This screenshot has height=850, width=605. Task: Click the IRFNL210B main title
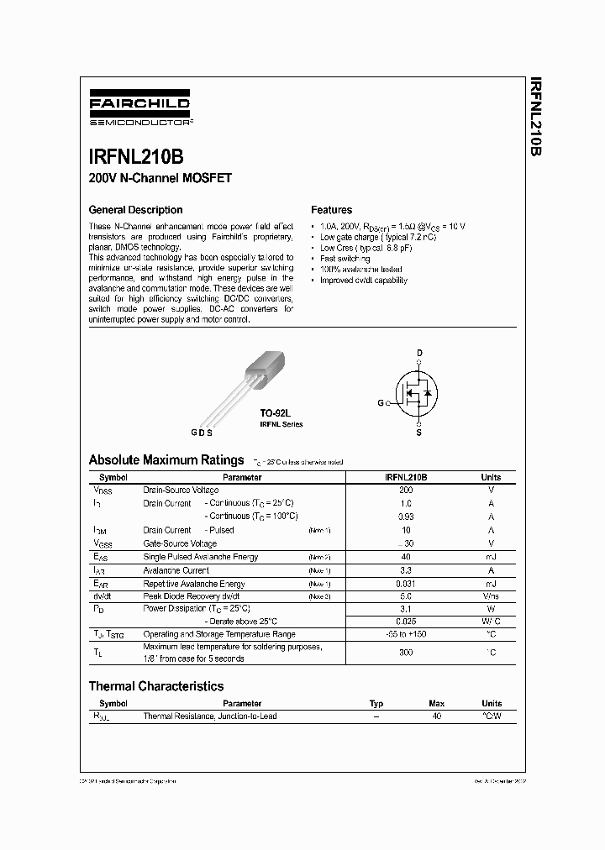click(x=136, y=157)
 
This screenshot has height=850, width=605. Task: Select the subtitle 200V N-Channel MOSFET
click(x=160, y=179)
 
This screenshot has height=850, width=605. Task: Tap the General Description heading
click(x=135, y=210)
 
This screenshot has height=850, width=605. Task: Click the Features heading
click(x=331, y=210)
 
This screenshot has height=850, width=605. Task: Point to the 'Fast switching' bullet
click(x=345, y=259)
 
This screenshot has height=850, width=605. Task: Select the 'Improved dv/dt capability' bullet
click(x=363, y=281)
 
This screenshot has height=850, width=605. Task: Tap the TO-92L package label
click(x=274, y=414)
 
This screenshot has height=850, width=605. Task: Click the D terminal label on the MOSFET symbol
click(x=420, y=352)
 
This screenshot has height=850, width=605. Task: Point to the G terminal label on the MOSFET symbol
click(x=380, y=403)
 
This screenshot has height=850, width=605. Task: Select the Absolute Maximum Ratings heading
click(x=166, y=460)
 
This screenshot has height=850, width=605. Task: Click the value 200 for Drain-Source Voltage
click(x=406, y=490)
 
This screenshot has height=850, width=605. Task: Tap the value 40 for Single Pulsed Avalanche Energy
click(x=406, y=557)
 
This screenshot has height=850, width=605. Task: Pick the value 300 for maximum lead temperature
click(x=406, y=653)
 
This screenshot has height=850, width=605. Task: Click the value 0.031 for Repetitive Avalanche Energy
click(x=406, y=584)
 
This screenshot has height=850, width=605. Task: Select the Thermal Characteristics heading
click(x=156, y=686)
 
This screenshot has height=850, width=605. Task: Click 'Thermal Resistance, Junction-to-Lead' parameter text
click(x=209, y=716)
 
